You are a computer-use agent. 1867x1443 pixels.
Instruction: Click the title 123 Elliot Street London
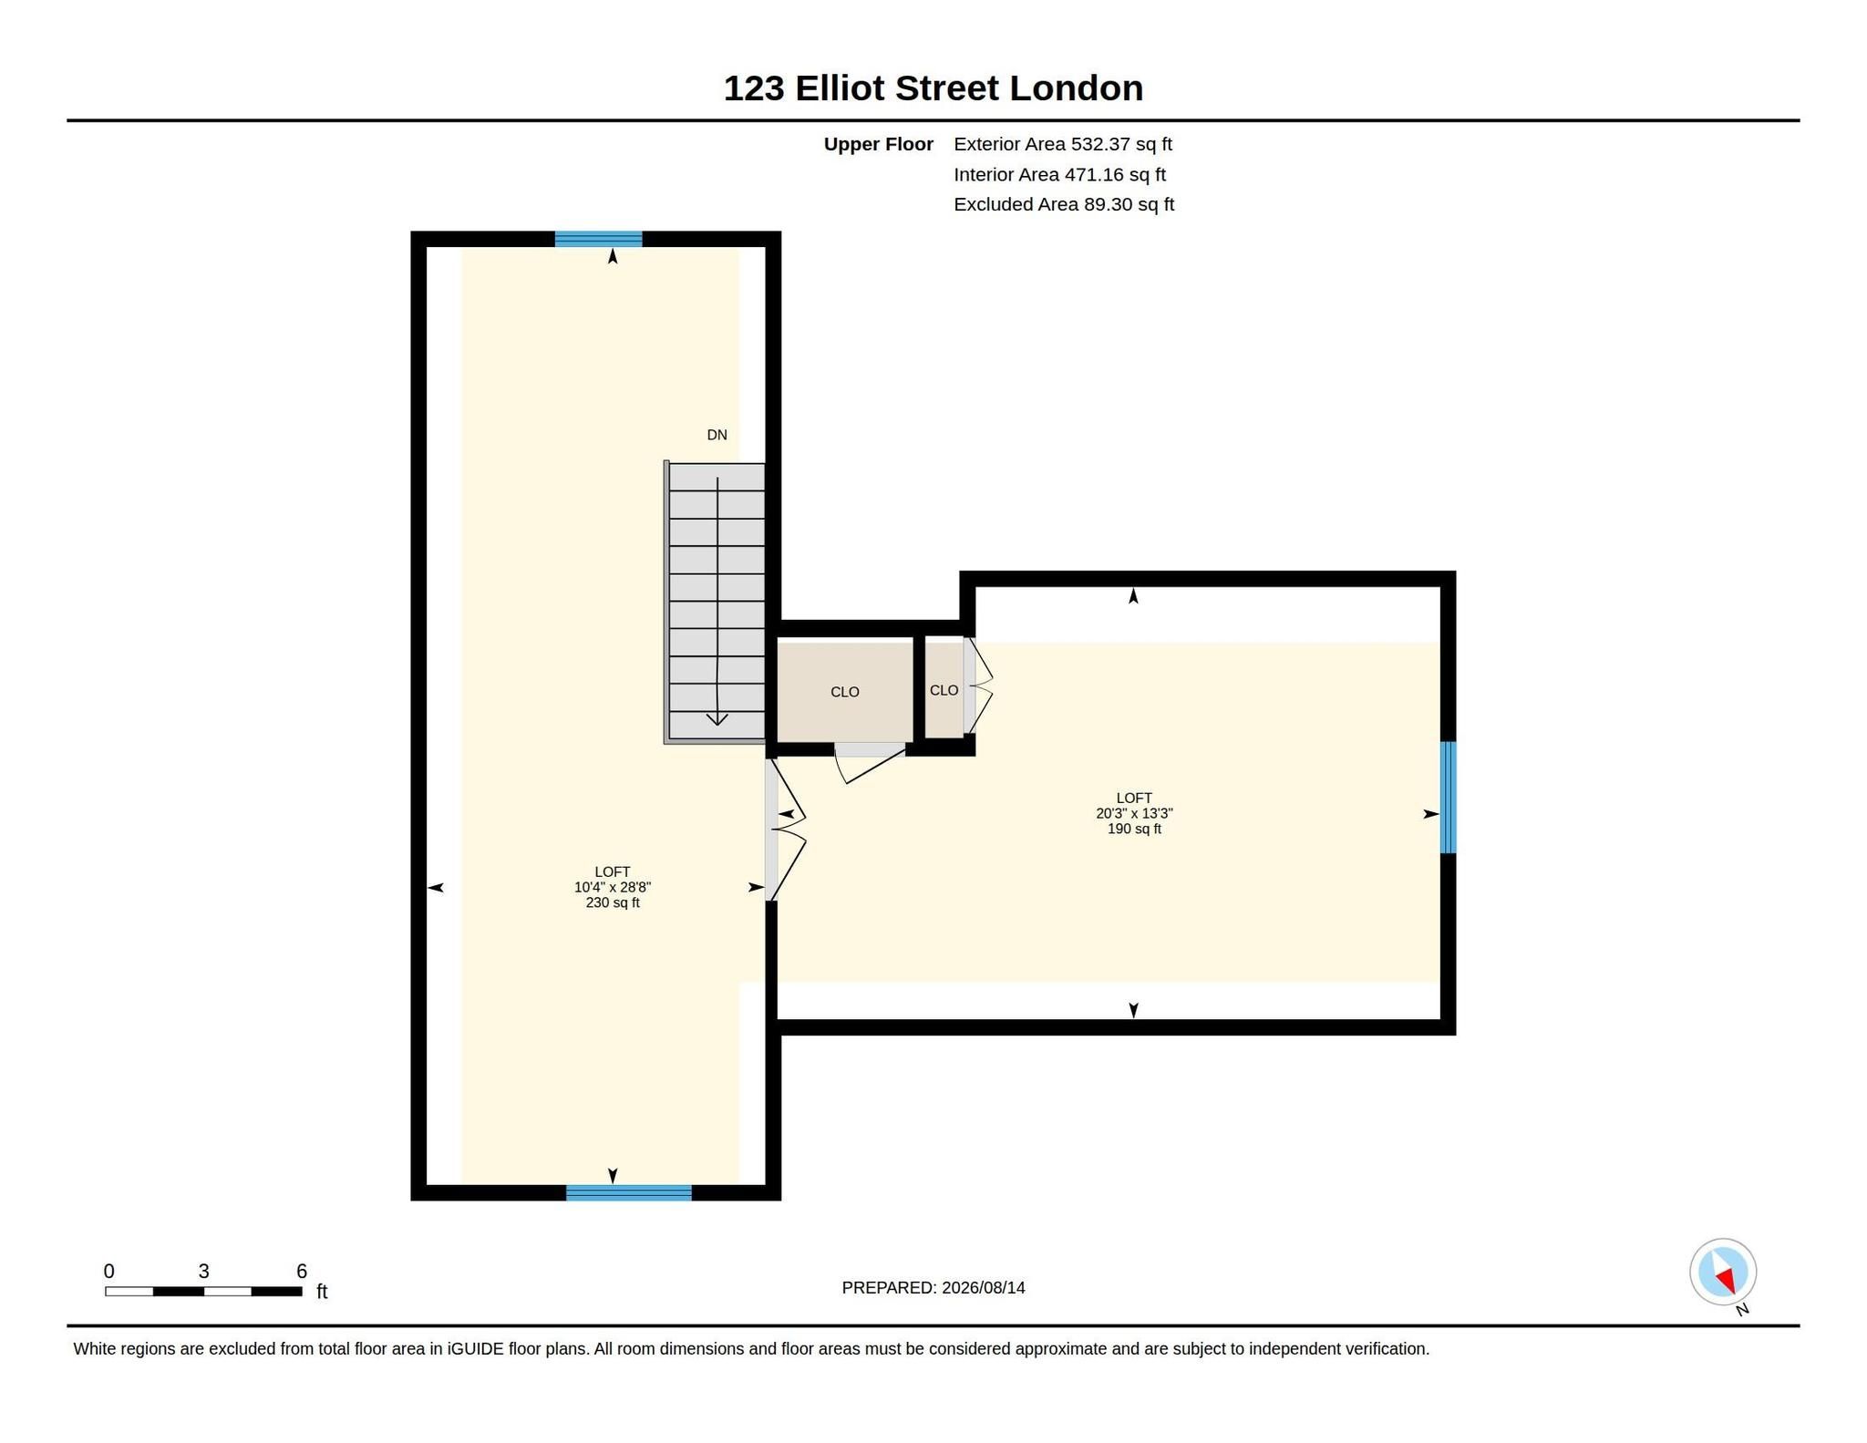pyautogui.click(x=933, y=88)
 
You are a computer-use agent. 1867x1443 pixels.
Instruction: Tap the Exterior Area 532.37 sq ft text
pyautogui.click(x=1063, y=144)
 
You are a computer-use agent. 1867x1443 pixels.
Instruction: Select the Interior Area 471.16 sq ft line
pyautogui.click(x=1059, y=174)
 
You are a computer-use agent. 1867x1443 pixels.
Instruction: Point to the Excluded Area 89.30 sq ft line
pyautogui.click(x=1064, y=204)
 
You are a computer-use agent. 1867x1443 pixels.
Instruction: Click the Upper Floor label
pyautogui.click(x=878, y=144)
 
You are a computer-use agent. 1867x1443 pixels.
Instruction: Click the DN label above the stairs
pyautogui.click(x=717, y=435)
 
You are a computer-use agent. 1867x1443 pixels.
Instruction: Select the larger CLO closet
pyautogui.click(x=845, y=692)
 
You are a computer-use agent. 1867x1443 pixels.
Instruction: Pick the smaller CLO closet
pyautogui.click(x=944, y=690)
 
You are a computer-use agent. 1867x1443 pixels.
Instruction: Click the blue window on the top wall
pyautogui.click(x=598, y=240)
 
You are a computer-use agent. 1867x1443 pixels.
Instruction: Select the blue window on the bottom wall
pyautogui.click(x=629, y=1192)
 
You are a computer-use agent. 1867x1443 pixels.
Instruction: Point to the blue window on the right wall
pyautogui.click(x=1448, y=798)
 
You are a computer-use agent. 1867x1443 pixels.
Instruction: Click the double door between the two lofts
pyautogui.click(x=784, y=830)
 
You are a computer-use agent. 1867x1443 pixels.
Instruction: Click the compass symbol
pyautogui.click(x=1723, y=1273)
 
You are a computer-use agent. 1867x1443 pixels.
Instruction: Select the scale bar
pyautogui.click(x=203, y=1291)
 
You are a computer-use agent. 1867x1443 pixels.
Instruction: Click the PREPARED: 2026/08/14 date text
pyautogui.click(x=933, y=1288)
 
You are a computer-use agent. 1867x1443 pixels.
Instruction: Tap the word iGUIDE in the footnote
pyautogui.click(x=475, y=1349)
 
